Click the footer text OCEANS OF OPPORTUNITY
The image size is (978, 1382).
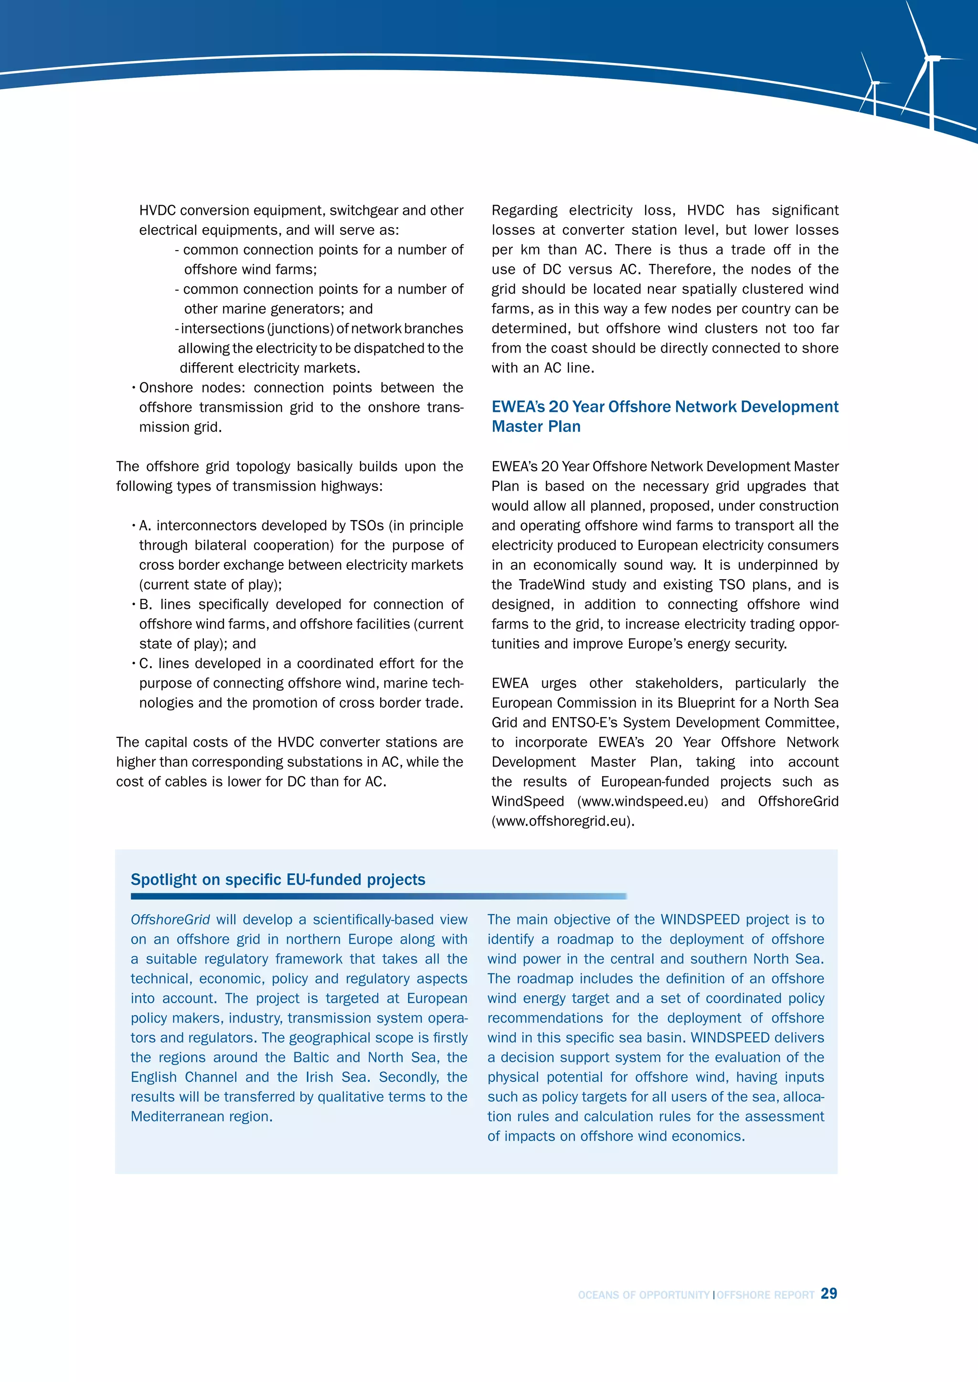pyautogui.click(x=643, y=1295)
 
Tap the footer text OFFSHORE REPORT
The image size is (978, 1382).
pyautogui.click(x=765, y=1295)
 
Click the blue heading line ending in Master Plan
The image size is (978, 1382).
pyautogui.click(x=536, y=426)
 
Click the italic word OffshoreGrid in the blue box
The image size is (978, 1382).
pyautogui.click(x=170, y=919)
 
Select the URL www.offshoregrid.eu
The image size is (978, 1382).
pyautogui.click(x=563, y=821)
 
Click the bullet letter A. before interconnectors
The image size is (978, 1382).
pyautogui.click(x=145, y=525)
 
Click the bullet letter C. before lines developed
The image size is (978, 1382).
pyautogui.click(x=145, y=663)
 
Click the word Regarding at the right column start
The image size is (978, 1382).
pyautogui.click(x=524, y=210)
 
